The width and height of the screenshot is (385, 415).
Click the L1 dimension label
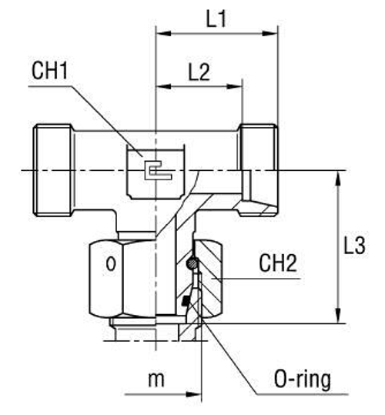[216, 19]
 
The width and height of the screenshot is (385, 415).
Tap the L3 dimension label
[355, 246]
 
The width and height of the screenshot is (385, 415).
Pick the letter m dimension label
[157, 380]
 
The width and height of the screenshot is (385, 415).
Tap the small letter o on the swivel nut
[111, 266]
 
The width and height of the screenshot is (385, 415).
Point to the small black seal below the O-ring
[186, 300]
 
